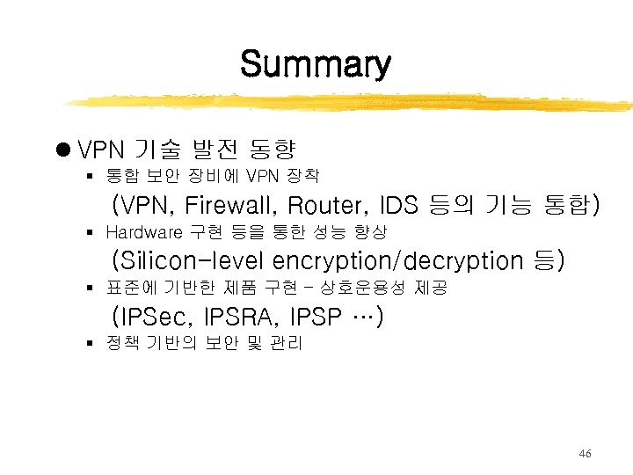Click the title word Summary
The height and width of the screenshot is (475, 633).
pyautogui.click(x=315, y=64)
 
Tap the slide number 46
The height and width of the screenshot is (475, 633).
pyautogui.click(x=585, y=454)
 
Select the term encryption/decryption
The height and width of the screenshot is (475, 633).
pyautogui.click(x=397, y=261)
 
